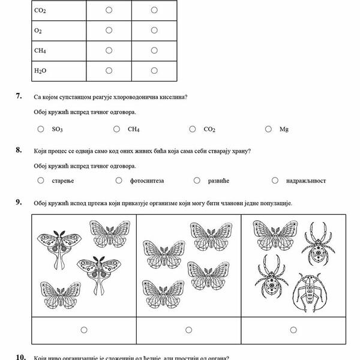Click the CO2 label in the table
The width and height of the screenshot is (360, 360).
41,10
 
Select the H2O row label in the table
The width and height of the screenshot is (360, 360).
41,71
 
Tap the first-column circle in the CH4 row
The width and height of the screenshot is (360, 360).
109,50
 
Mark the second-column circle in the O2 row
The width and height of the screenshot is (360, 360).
154,30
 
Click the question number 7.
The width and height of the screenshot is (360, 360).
20,96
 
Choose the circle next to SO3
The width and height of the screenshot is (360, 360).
41,129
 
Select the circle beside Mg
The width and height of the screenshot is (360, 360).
268,129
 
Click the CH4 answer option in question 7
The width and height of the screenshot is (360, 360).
133,129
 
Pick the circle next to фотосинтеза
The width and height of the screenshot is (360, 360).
118,180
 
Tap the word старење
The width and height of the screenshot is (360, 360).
61,181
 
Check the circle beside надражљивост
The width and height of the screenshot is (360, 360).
275,180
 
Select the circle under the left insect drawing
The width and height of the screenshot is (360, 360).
83,329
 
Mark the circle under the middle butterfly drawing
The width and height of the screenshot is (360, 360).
188,329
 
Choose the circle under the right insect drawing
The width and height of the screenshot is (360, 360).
293,329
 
